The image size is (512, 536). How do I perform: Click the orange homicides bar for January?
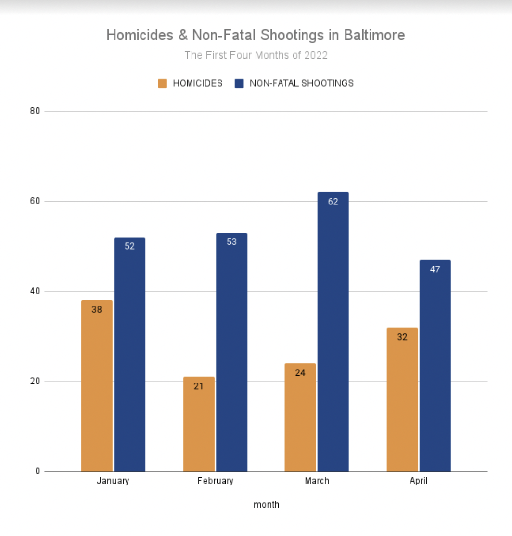pos(97,385)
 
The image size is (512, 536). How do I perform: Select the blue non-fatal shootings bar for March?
pos(333,332)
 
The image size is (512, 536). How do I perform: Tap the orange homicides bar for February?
pos(199,423)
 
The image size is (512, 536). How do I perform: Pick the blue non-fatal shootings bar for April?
pos(435,366)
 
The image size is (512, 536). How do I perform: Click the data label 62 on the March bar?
pos(333,202)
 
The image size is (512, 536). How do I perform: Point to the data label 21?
pos(199,386)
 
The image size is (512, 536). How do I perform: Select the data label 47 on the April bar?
pos(435,269)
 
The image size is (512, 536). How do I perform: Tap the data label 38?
pos(97,310)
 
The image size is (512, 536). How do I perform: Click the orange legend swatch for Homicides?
pos(163,83)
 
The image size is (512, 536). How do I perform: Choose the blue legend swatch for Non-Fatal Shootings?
pos(239,83)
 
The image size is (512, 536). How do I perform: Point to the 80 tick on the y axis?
pos(35,111)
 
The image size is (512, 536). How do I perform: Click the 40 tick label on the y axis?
pos(35,292)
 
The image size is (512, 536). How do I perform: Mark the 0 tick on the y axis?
pos(37,472)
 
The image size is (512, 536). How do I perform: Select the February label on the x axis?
pos(215,481)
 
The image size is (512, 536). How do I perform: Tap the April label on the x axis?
pos(419,481)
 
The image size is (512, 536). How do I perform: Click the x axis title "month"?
pos(266,505)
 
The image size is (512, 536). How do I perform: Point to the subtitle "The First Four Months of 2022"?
pos(256,55)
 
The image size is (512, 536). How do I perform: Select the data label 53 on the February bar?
pos(231,242)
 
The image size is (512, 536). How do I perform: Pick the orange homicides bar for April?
pos(402,399)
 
